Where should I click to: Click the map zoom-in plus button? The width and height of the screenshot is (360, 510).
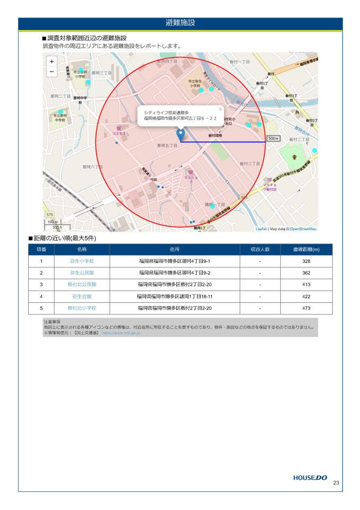pos(52,62)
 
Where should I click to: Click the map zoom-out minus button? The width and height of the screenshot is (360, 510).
pos(52,72)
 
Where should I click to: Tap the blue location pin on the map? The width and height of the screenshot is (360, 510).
pos(181,135)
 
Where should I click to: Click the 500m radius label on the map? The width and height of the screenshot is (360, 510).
pos(273,139)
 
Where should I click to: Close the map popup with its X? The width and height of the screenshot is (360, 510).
pos(220,109)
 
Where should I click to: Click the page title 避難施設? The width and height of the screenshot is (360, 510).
pos(180,23)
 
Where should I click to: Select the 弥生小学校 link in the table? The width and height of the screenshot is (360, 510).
pos(82,261)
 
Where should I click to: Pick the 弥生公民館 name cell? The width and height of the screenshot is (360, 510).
pos(82,273)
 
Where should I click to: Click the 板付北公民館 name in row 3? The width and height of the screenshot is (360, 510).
pos(82,285)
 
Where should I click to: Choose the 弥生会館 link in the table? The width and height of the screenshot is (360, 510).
pos(82,296)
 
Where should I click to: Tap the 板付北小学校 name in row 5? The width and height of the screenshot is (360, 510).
pos(82,308)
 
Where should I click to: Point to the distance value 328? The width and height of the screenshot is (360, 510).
pos(306,261)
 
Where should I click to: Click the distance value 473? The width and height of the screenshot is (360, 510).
pos(306,308)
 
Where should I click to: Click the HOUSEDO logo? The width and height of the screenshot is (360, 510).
pos(310,478)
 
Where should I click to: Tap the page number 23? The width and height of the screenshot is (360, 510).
pos(336,483)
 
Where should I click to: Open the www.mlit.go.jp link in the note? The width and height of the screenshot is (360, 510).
pos(121,333)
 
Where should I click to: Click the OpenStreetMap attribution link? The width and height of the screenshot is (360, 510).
pos(303,229)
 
